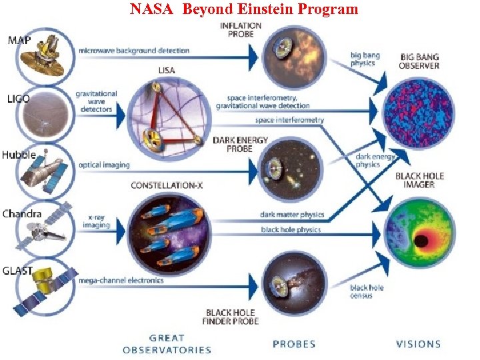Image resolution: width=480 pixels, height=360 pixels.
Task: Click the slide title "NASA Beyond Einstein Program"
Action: (x=243, y=9)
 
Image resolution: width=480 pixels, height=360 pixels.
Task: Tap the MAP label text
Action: (x=20, y=41)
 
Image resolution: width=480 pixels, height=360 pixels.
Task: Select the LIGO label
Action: (x=18, y=99)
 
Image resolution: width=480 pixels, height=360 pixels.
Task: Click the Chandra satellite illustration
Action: (x=44, y=229)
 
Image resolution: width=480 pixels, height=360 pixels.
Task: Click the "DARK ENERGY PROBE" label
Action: (x=242, y=145)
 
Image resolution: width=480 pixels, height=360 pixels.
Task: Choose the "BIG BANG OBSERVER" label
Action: (x=419, y=61)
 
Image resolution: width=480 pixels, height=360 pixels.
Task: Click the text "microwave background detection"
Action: (x=134, y=51)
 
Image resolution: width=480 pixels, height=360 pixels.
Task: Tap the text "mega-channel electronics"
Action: (x=121, y=281)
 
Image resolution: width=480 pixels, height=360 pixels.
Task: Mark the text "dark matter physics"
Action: (x=292, y=215)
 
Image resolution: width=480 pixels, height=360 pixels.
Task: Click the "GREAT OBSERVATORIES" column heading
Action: (x=167, y=344)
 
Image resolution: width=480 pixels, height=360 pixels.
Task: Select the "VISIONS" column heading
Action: (x=418, y=344)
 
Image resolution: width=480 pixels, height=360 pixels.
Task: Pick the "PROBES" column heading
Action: (x=294, y=344)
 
